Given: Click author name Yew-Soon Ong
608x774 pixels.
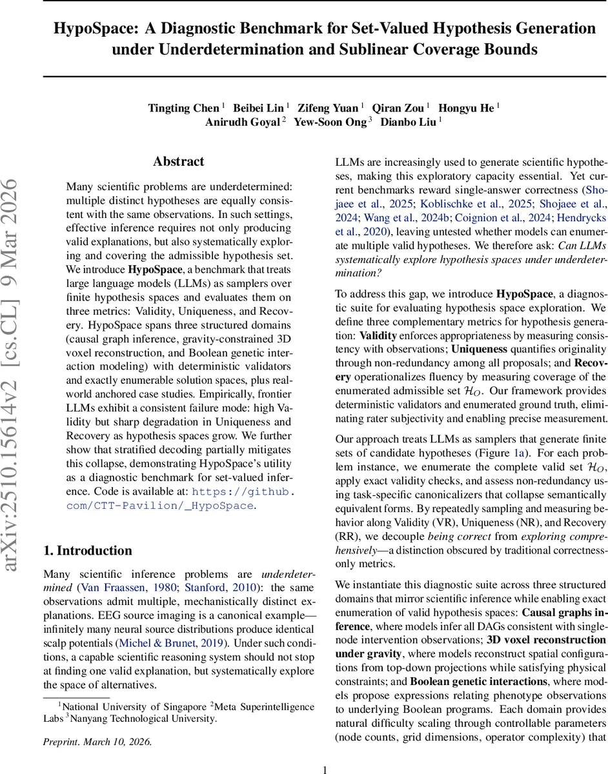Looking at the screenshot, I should click(x=330, y=123).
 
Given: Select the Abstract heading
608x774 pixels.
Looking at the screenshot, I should click(x=178, y=162).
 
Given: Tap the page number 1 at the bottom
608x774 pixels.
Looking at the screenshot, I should click(x=325, y=769).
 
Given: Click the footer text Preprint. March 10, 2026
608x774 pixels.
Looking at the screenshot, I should click(x=97, y=742).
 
